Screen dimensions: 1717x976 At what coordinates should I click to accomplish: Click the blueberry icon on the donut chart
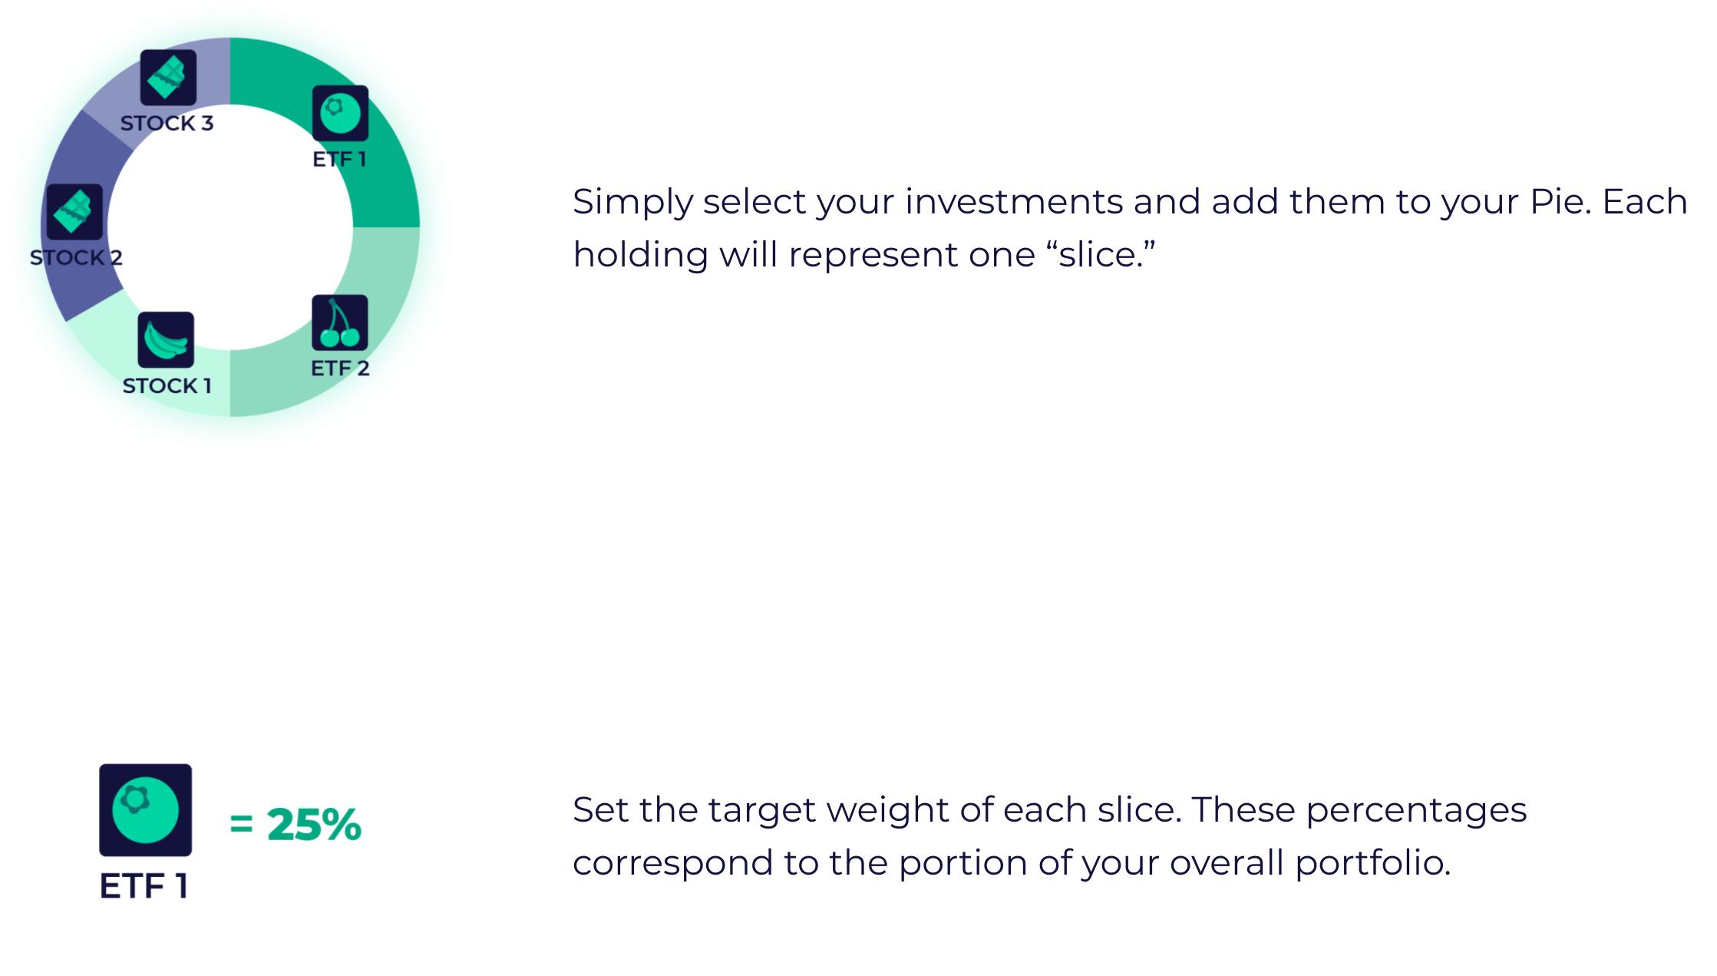click(x=340, y=114)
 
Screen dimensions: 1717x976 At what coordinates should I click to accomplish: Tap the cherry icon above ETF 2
click(x=340, y=323)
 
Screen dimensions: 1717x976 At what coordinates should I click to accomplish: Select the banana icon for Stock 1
click(x=166, y=340)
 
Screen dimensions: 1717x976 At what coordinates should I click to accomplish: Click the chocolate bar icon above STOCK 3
click(x=168, y=78)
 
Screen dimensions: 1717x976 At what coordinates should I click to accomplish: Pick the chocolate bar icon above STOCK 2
click(x=74, y=212)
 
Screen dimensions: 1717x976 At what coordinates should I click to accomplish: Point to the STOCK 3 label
click(x=167, y=123)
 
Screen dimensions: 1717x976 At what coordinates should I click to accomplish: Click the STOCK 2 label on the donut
click(x=76, y=257)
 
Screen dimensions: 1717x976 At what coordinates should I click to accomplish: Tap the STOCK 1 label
click(x=167, y=385)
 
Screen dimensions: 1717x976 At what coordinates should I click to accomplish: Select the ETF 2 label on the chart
click(x=340, y=369)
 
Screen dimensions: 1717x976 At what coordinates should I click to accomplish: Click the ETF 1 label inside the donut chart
click(x=339, y=159)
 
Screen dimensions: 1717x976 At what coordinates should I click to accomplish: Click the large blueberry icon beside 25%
click(x=146, y=810)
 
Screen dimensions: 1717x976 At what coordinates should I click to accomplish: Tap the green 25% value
click(x=314, y=825)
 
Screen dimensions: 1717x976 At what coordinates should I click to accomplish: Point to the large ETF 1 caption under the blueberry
click(x=144, y=885)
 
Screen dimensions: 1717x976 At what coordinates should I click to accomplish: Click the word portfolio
click(x=1373, y=864)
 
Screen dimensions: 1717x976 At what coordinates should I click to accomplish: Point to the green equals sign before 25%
click(x=241, y=825)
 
